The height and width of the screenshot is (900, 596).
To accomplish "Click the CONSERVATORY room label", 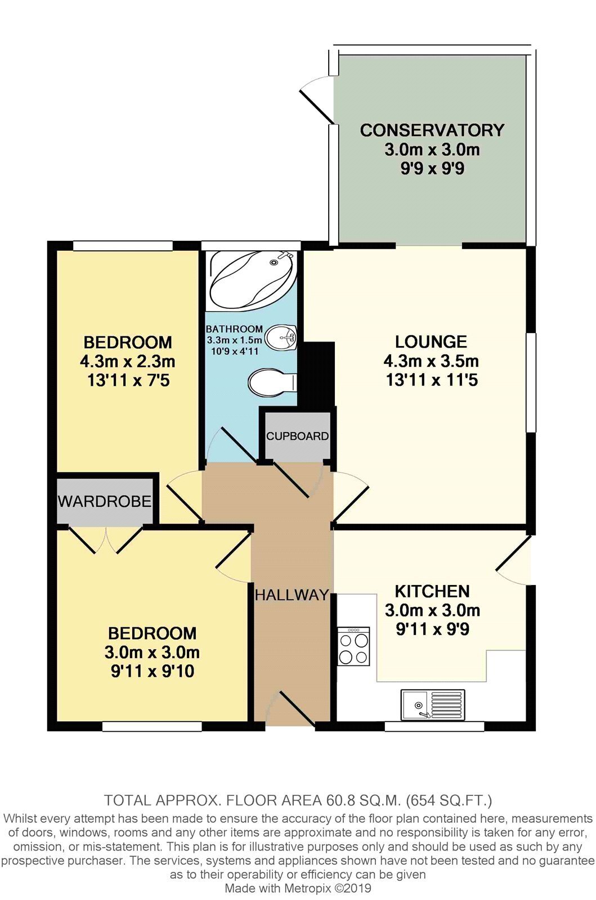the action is (432, 130).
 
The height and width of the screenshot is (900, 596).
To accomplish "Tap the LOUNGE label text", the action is (431, 342).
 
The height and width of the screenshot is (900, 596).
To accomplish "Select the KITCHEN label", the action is (432, 591).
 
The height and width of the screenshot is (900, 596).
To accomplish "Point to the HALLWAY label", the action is (292, 595).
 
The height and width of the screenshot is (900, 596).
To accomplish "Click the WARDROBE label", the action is (105, 501).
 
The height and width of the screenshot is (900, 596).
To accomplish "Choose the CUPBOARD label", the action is (297, 436).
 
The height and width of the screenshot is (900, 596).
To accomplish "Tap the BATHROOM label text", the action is (234, 328).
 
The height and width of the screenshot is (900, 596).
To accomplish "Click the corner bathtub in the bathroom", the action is (253, 281).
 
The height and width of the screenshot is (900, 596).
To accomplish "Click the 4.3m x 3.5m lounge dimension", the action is (431, 361).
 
